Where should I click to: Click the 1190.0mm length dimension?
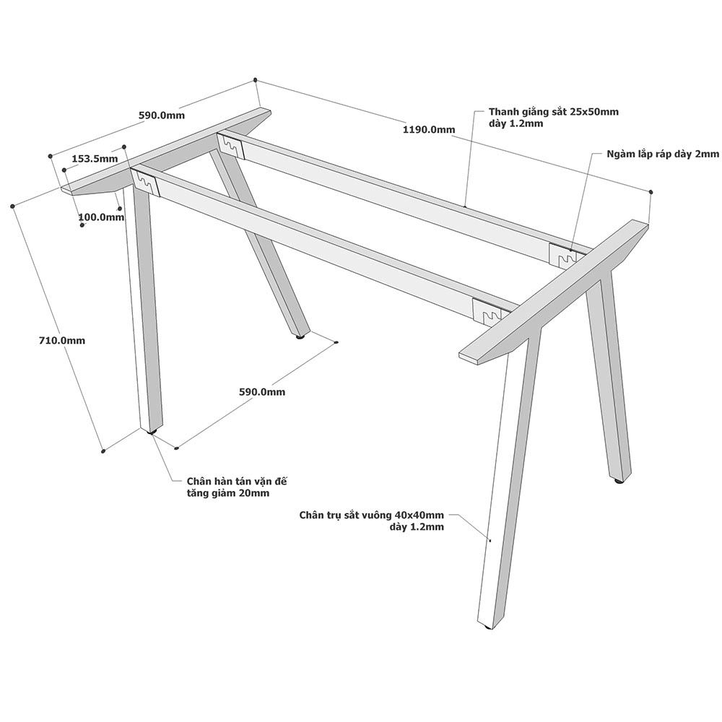pyautogui.click(x=429, y=129)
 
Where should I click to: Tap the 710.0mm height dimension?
pyautogui.click(x=62, y=340)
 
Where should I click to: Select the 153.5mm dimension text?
pyautogui.click(x=95, y=158)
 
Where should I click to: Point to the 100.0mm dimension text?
pyautogui.click(x=101, y=217)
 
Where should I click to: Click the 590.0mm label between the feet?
pyautogui.click(x=262, y=392)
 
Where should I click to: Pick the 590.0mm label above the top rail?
pyautogui.click(x=162, y=115)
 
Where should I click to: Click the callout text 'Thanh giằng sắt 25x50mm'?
pyautogui.click(x=554, y=111)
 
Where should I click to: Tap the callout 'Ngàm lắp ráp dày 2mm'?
pyautogui.click(x=663, y=154)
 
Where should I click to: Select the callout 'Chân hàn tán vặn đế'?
pyautogui.click(x=237, y=481)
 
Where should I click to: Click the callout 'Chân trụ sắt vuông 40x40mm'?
pyautogui.click(x=372, y=515)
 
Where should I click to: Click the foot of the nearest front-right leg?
pyautogui.click(x=488, y=627)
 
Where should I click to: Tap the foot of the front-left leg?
pyautogui.click(x=152, y=432)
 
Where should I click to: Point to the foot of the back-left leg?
pyautogui.click(x=300, y=337)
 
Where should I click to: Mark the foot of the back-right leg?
pyautogui.click(x=619, y=481)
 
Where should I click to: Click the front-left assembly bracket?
pyautogui.click(x=146, y=183)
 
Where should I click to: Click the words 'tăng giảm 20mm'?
pyautogui.click(x=228, y=493)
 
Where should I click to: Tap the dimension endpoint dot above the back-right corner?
pyautogui.click(x=651, y=191)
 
